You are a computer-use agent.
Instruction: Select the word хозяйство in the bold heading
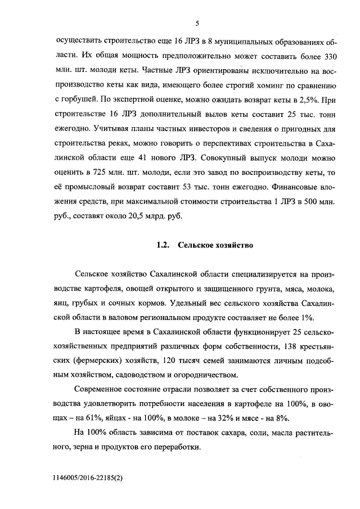pos(232,246)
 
